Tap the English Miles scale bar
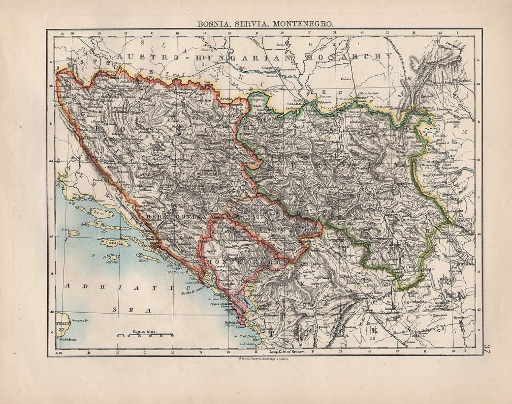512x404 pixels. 145,335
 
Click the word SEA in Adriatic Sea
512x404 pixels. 121,310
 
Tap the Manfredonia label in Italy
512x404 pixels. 67,340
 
